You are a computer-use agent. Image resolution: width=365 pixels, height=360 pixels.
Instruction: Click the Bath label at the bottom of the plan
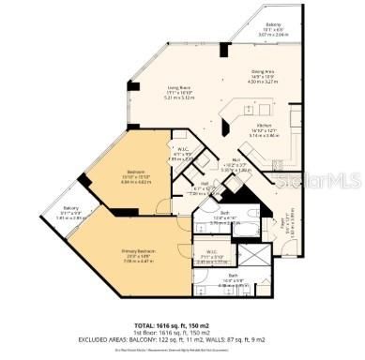[231, 277]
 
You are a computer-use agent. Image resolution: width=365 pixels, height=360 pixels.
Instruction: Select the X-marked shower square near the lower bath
[252, 255]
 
